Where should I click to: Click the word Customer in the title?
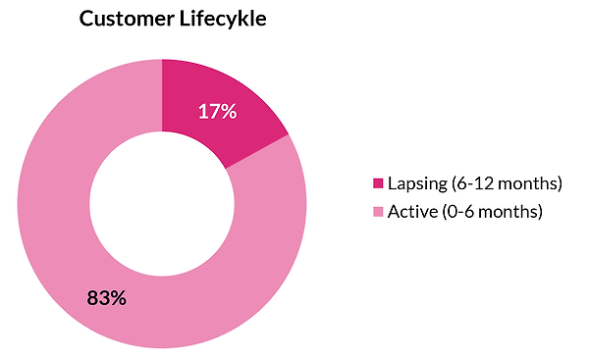click(x=127, y=19)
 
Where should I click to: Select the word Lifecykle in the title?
click(x=223, y=20)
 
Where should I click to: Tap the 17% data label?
click(x=218, y=111)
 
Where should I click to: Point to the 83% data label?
click(x=107, y=297)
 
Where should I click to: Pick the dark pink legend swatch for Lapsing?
click(x=378, y=183)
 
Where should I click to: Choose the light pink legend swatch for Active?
click(x=378, y=212)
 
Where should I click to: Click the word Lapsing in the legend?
click(x=417, y=183)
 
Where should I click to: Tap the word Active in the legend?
click(x=413, y=212)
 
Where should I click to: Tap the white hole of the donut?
click(x=162, y=204)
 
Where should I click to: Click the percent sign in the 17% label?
click(x=229, y=112)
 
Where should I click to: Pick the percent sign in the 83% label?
click(x=118, y=298)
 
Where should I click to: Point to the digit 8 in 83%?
click(x=92, y=298)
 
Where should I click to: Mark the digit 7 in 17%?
click(x=214, y=112)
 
